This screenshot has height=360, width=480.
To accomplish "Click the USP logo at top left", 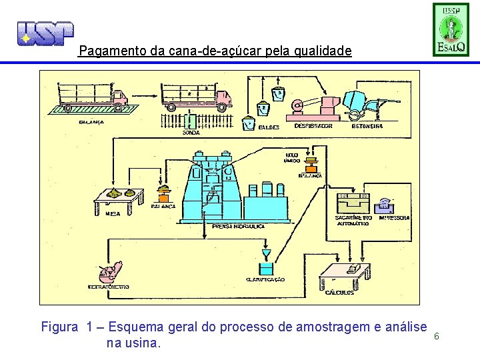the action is [x=45, y=33].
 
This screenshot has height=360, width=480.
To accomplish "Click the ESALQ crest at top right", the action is [x=451, y=30].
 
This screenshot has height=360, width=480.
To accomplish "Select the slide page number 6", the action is [x=436, y=336].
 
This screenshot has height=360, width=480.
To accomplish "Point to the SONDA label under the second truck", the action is [x=191, y=133].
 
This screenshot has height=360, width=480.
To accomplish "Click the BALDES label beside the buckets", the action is [x=269, y=126].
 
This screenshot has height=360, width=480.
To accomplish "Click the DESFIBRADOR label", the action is [x=313, y=126].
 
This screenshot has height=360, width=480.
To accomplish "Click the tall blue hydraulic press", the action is [x=213, y=186].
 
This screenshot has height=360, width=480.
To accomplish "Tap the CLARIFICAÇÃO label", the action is [x=265, y=280].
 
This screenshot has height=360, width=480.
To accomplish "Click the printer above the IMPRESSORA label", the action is [x=387, y=205].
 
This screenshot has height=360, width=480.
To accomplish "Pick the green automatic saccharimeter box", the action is [x=353, y=204].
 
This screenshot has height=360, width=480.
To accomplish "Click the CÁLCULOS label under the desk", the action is [x=340, y=293].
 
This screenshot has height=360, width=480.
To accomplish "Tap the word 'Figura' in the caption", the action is [x=60, y=327].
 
